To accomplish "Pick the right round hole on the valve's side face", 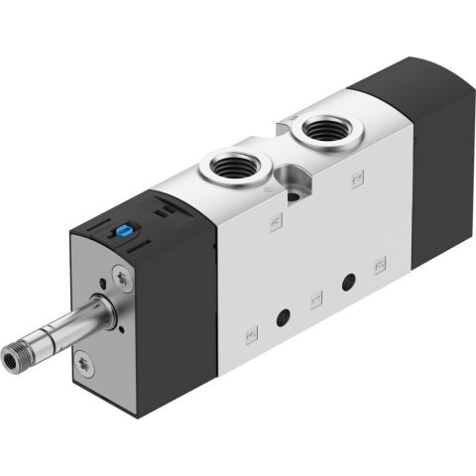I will tap(347, 283).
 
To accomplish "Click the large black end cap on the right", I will tap(426, 159).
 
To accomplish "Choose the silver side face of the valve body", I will tap(297, 258).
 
